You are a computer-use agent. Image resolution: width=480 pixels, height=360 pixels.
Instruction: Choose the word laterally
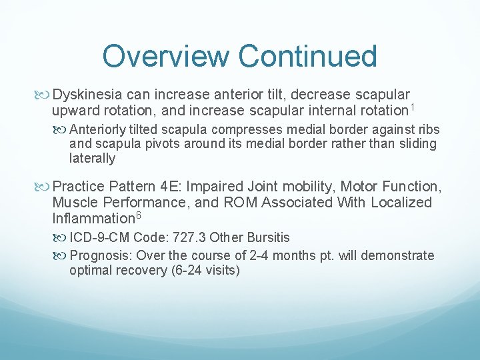pyautogui.click(x=92, y=159)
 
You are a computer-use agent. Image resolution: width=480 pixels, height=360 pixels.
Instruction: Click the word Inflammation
pyautogui.click(x=93, y=218)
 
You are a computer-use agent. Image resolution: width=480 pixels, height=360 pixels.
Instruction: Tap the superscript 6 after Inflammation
pyautogui.click(x=138, y=215)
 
